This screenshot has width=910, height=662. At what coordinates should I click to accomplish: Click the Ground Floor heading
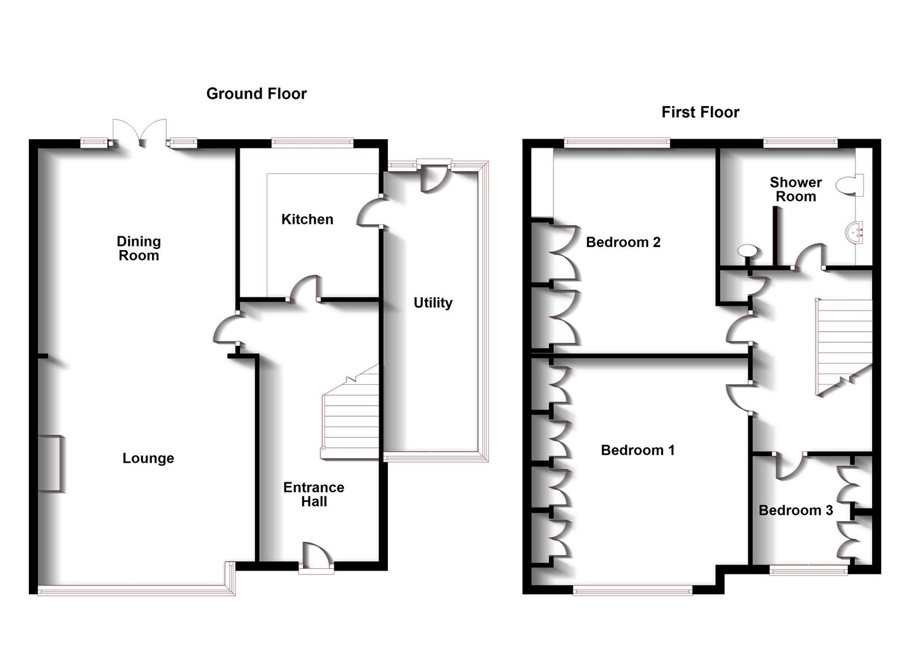(256, 94)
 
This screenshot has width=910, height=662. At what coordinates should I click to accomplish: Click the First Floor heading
(700, 112)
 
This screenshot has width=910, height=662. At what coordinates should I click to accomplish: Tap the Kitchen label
(307, 219)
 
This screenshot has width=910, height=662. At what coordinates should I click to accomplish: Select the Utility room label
(433, 303)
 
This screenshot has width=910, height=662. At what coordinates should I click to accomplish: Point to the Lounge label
(148, 458)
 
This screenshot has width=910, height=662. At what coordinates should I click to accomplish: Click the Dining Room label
(139, 248)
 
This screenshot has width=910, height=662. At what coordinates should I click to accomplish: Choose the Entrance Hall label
(314, 494)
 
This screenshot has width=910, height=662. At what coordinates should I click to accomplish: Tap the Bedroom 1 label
(637, 451)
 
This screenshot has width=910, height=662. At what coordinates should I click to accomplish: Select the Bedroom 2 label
(623, 242)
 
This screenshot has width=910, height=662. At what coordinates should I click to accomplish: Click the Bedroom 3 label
(795, 511)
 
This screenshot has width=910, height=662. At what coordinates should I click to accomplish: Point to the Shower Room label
(795, 189)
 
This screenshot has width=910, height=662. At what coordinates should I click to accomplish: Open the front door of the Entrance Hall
(316, 558)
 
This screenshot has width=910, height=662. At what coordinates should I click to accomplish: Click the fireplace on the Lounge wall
(50, 463)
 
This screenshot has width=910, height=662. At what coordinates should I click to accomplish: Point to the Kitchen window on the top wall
(313, 143)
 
